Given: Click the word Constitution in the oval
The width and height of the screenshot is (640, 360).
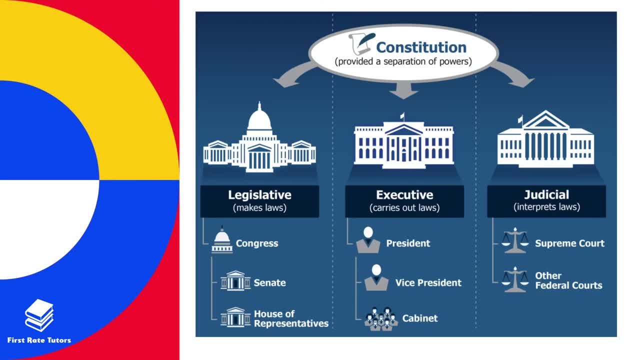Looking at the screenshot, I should (x=421, y=47).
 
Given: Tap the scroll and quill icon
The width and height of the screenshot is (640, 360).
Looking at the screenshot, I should (x=361, y=44).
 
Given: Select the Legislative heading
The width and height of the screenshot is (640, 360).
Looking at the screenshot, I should (x=259, y=195).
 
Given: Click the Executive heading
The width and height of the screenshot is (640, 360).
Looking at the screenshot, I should (x=404, y=195).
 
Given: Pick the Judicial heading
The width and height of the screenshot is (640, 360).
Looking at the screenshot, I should (x=546, y=195).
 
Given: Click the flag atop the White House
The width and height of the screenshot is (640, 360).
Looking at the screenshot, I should (x=402, y=116).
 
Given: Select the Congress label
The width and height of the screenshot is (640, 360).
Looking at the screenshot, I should (x=257, y=243).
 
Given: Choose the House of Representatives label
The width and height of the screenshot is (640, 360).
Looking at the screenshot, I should (x=291, y=318).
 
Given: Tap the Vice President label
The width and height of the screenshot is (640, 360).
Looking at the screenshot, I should (x=428, y=282).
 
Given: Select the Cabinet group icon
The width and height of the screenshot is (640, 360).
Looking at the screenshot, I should (x=381, y=319).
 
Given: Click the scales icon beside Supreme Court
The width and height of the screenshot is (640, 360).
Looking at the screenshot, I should (x=515, y=241).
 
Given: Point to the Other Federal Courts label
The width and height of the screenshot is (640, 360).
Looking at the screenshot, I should (x=568, y=280).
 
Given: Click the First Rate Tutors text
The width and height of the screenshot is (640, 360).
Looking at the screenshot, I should (x=39, y=340).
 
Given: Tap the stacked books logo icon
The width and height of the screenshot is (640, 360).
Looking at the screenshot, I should (x=39, y=315).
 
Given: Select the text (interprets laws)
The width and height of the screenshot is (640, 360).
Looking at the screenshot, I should (x=546, y=207).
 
